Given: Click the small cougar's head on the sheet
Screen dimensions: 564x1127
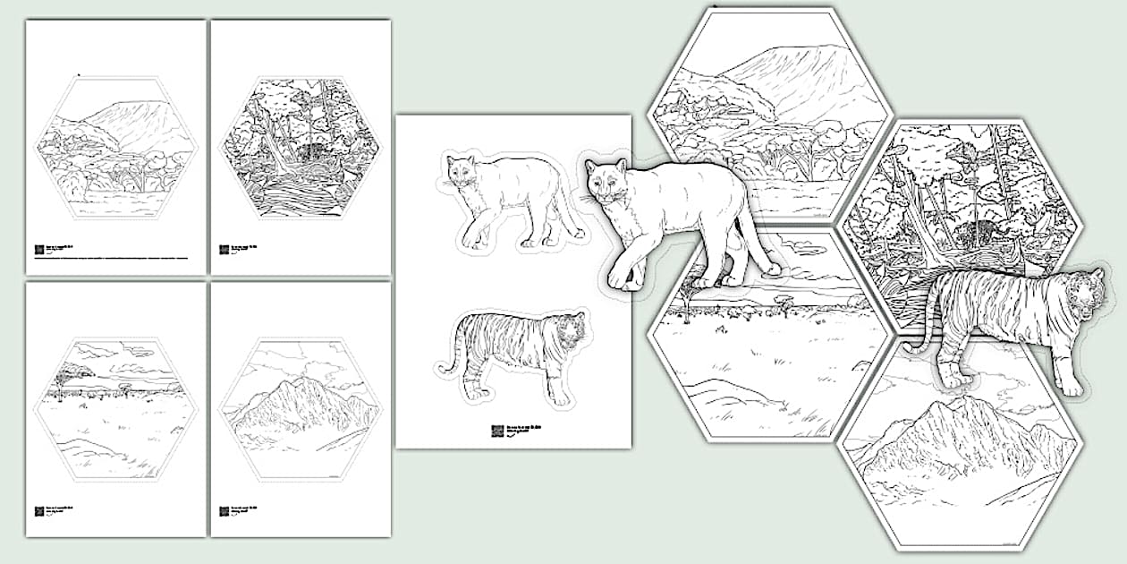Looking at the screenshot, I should (462, 171).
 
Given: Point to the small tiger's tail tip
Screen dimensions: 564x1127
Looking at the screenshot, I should (442, 369).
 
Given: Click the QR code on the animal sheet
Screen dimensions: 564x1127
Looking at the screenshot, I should (496, 431).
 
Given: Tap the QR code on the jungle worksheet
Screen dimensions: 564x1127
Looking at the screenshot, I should (225, 250).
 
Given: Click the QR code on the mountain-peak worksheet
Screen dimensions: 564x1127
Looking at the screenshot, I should (225, 511).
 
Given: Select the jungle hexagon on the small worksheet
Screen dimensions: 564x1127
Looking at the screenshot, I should (300, 148).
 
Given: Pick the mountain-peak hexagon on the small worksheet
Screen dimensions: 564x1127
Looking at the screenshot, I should (300, 409).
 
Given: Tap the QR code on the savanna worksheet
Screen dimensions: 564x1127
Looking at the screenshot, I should (39, 511).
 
